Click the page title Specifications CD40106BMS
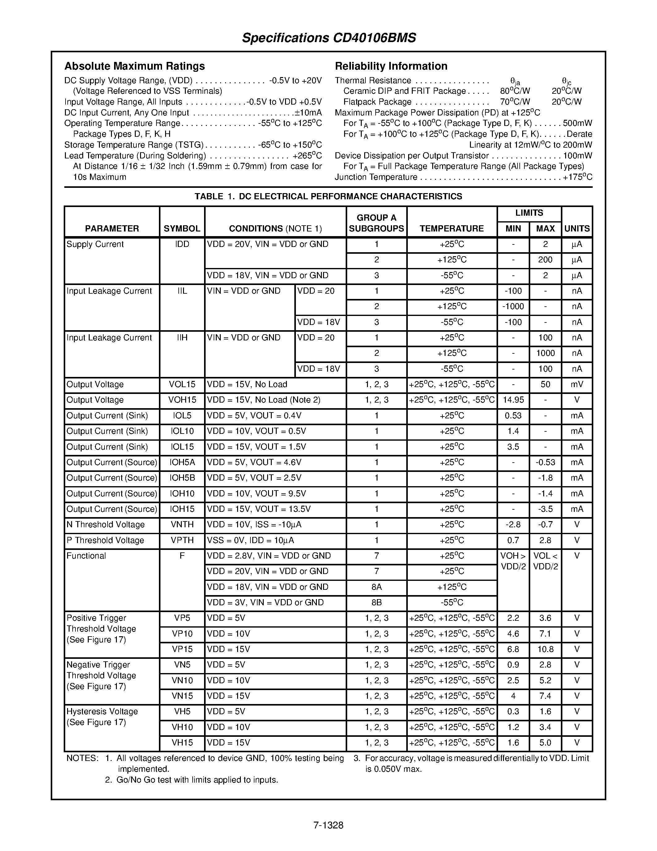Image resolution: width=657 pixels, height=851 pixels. (329, 38)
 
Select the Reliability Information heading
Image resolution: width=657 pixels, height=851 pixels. (391, 66)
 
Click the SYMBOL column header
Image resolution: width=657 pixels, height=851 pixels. (182, 228)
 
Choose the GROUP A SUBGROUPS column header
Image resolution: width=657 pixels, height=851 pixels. (376, 223)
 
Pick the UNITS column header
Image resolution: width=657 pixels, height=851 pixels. (577, 228)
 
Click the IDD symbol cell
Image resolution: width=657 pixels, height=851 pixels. (182, 244)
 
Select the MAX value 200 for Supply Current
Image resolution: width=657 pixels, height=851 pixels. (545, 260)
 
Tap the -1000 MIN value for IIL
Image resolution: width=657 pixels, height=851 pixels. (513, 307)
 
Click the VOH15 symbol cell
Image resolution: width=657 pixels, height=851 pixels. (182, 400)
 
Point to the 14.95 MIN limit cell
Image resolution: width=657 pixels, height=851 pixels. (513, 400)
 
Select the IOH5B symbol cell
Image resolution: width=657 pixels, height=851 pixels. (182, 478)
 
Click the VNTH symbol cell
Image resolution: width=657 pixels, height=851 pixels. (182, 525)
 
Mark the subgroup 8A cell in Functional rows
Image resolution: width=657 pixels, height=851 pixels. (376, 587)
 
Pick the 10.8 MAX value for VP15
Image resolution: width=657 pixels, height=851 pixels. (545, 650)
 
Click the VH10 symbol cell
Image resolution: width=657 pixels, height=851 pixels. (182, 728)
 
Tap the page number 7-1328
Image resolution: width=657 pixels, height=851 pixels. (328, 825)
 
